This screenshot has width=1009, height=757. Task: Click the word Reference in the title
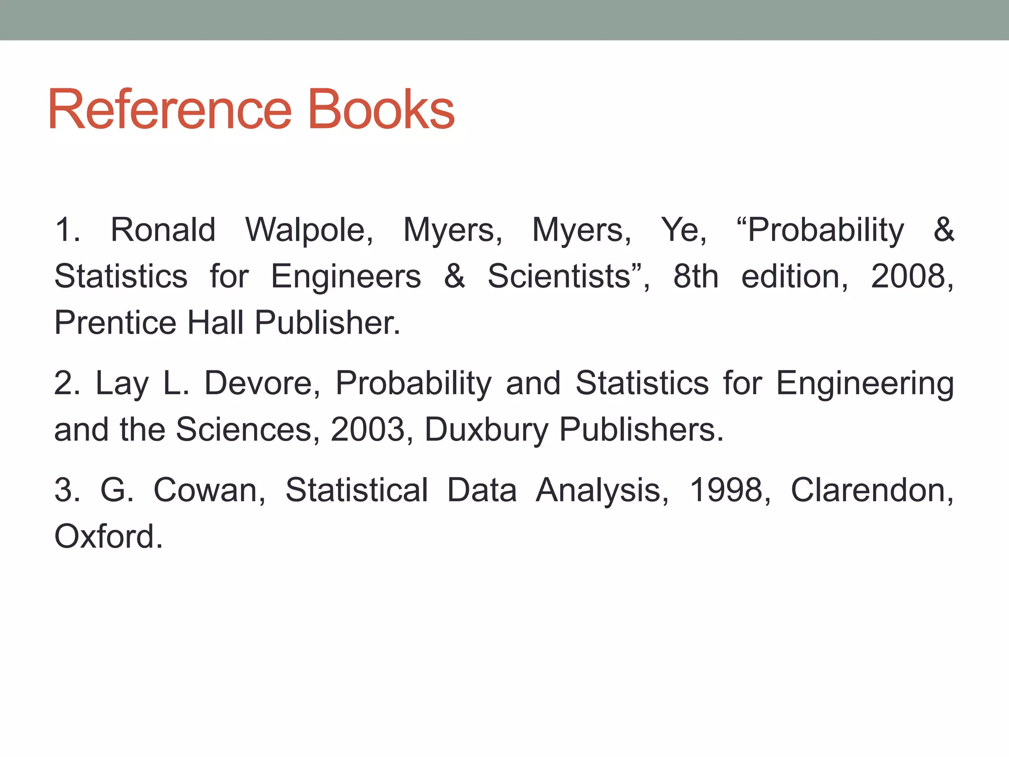pos(170,109)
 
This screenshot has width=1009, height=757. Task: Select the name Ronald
pos(163,230)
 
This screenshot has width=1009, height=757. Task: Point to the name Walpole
pos(309,230)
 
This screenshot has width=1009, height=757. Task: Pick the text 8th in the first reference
pos(696,276)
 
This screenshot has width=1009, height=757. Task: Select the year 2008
pos(911,276)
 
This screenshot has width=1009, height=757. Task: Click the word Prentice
pos(115,323)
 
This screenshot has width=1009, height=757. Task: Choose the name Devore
pos(262,383)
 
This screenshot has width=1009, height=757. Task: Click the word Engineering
pos(865,384)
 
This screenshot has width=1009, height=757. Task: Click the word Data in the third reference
pos(482,490)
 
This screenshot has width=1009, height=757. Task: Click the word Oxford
pos(108,536)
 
